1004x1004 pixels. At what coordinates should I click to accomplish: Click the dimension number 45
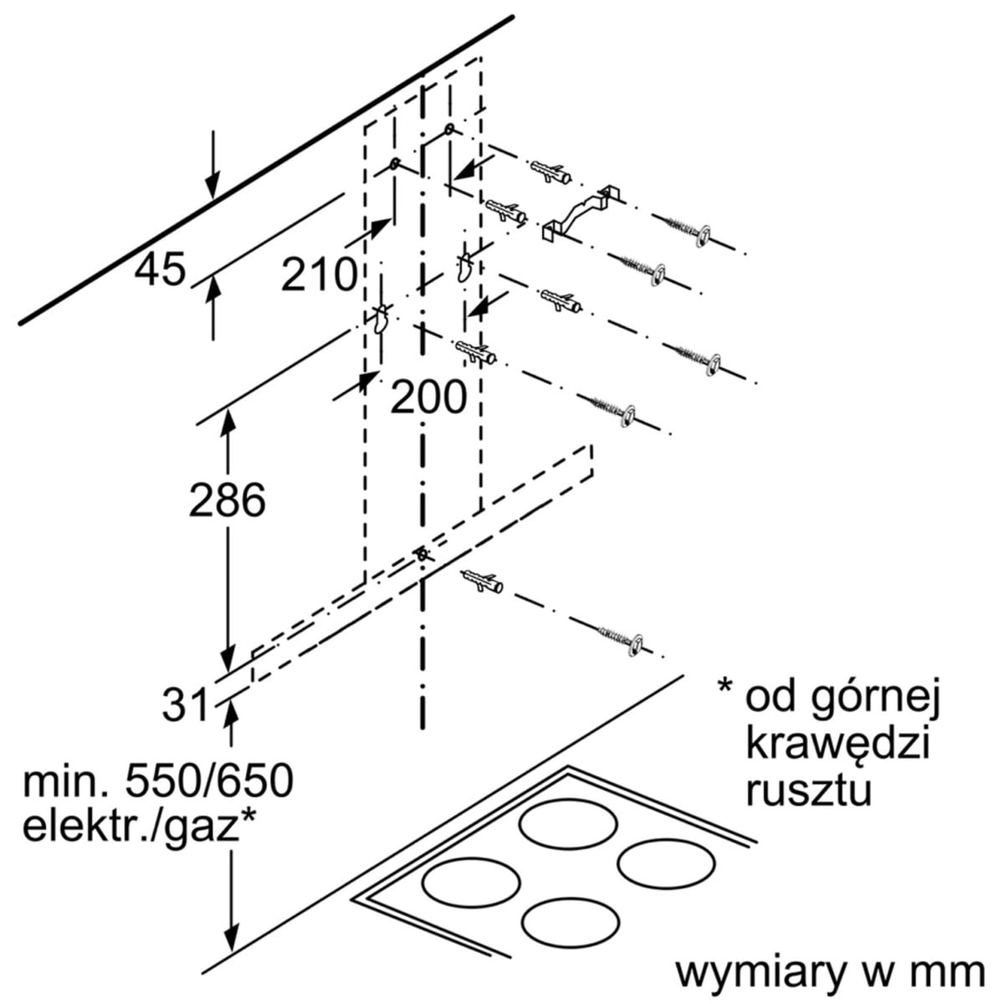[x=161, y=270]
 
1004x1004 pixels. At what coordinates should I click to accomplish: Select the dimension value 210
[x=319, y=274]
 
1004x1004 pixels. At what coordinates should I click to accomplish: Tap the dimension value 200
[x=428, y=397]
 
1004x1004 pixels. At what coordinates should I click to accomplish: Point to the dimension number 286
[x=227, y=500]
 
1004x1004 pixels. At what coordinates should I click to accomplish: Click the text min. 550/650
[x=158, y=782]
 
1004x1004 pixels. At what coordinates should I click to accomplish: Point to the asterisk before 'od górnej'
[x=725, y=689]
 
